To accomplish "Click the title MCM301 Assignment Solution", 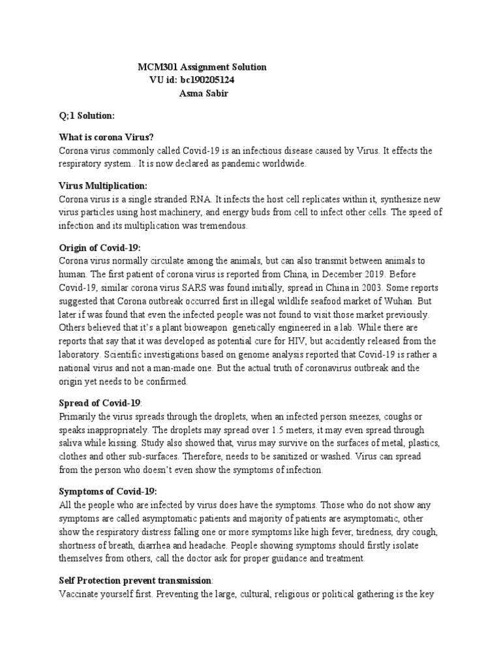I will tap(202, 67).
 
